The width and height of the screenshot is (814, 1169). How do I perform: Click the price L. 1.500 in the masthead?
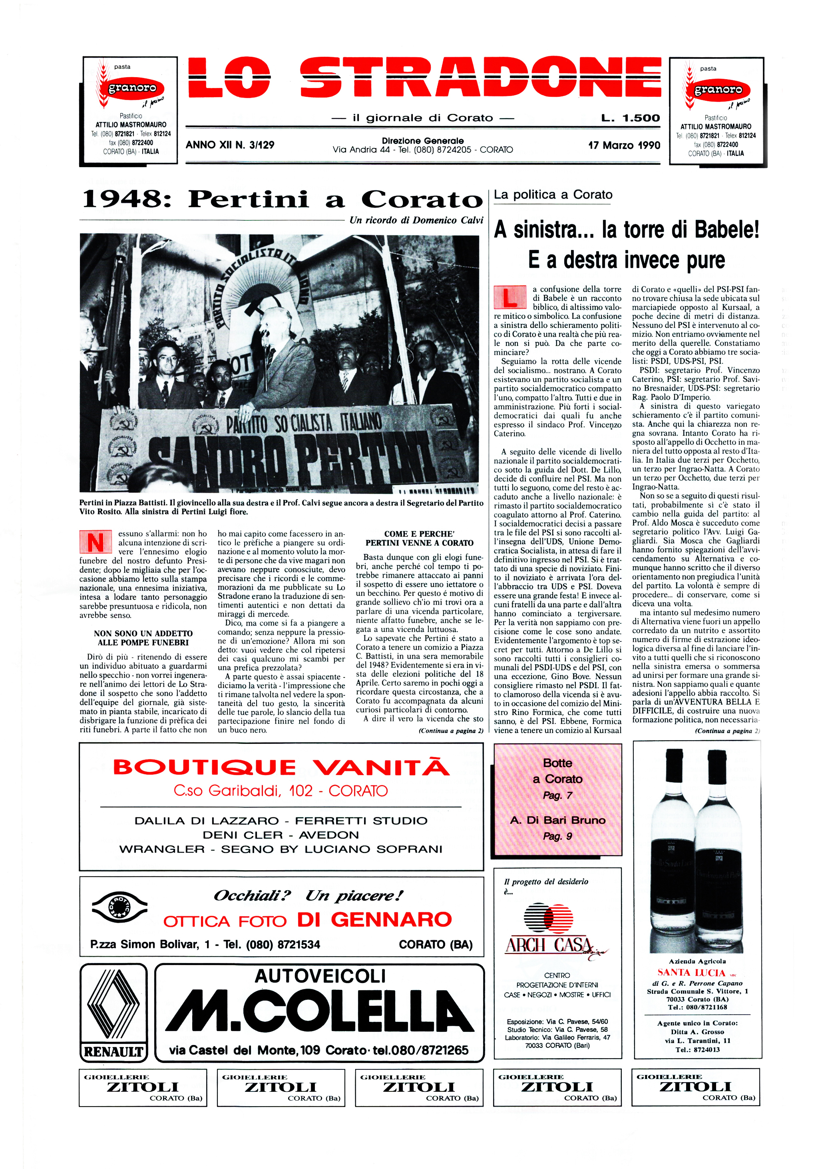[x=630, y=118]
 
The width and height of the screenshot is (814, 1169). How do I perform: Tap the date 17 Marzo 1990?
[x=624, y=145]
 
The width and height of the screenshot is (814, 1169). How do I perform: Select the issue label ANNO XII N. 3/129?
[x=230, y=145]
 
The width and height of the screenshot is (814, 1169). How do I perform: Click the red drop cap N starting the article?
[x=95, y=542]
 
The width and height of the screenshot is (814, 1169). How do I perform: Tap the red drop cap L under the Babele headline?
[x=510, y=298]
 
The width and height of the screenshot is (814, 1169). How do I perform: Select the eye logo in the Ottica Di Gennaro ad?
[x=119, y=908]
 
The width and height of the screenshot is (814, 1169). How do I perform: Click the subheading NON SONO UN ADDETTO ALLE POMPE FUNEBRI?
[x=143, y=638]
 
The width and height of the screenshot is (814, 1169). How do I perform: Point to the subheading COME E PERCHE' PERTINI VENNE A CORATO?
[x=419, y=538]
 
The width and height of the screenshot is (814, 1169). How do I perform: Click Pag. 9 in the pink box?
[x=557, y=836]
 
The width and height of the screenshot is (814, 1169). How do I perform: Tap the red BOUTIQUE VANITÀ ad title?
[x=281, y=767]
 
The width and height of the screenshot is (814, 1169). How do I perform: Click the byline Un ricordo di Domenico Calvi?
[x=416, y=220]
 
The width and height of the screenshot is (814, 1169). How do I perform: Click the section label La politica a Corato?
[x=553, y=194]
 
